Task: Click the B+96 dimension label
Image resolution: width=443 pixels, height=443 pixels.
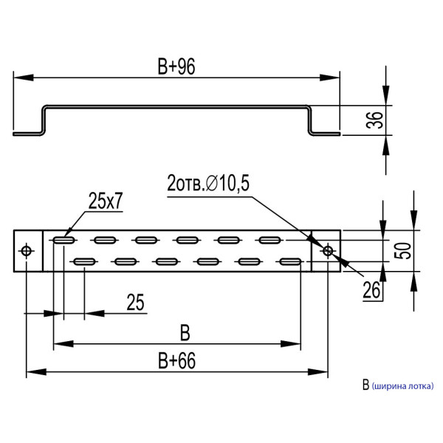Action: [176, 67]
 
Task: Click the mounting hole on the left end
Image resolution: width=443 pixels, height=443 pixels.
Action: [27, 251]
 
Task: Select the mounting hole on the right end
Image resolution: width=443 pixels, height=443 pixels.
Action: [328, 251]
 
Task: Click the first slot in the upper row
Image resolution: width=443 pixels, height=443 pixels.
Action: [63, 240]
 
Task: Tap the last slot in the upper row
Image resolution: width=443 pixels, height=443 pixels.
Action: [269, 240]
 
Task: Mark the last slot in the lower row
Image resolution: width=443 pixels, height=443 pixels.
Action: [289, 261]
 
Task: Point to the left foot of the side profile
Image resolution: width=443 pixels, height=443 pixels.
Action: [28, 134]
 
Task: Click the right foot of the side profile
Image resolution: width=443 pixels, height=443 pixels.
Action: [325, 134]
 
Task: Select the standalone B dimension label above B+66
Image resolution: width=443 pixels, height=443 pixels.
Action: [185, 333]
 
